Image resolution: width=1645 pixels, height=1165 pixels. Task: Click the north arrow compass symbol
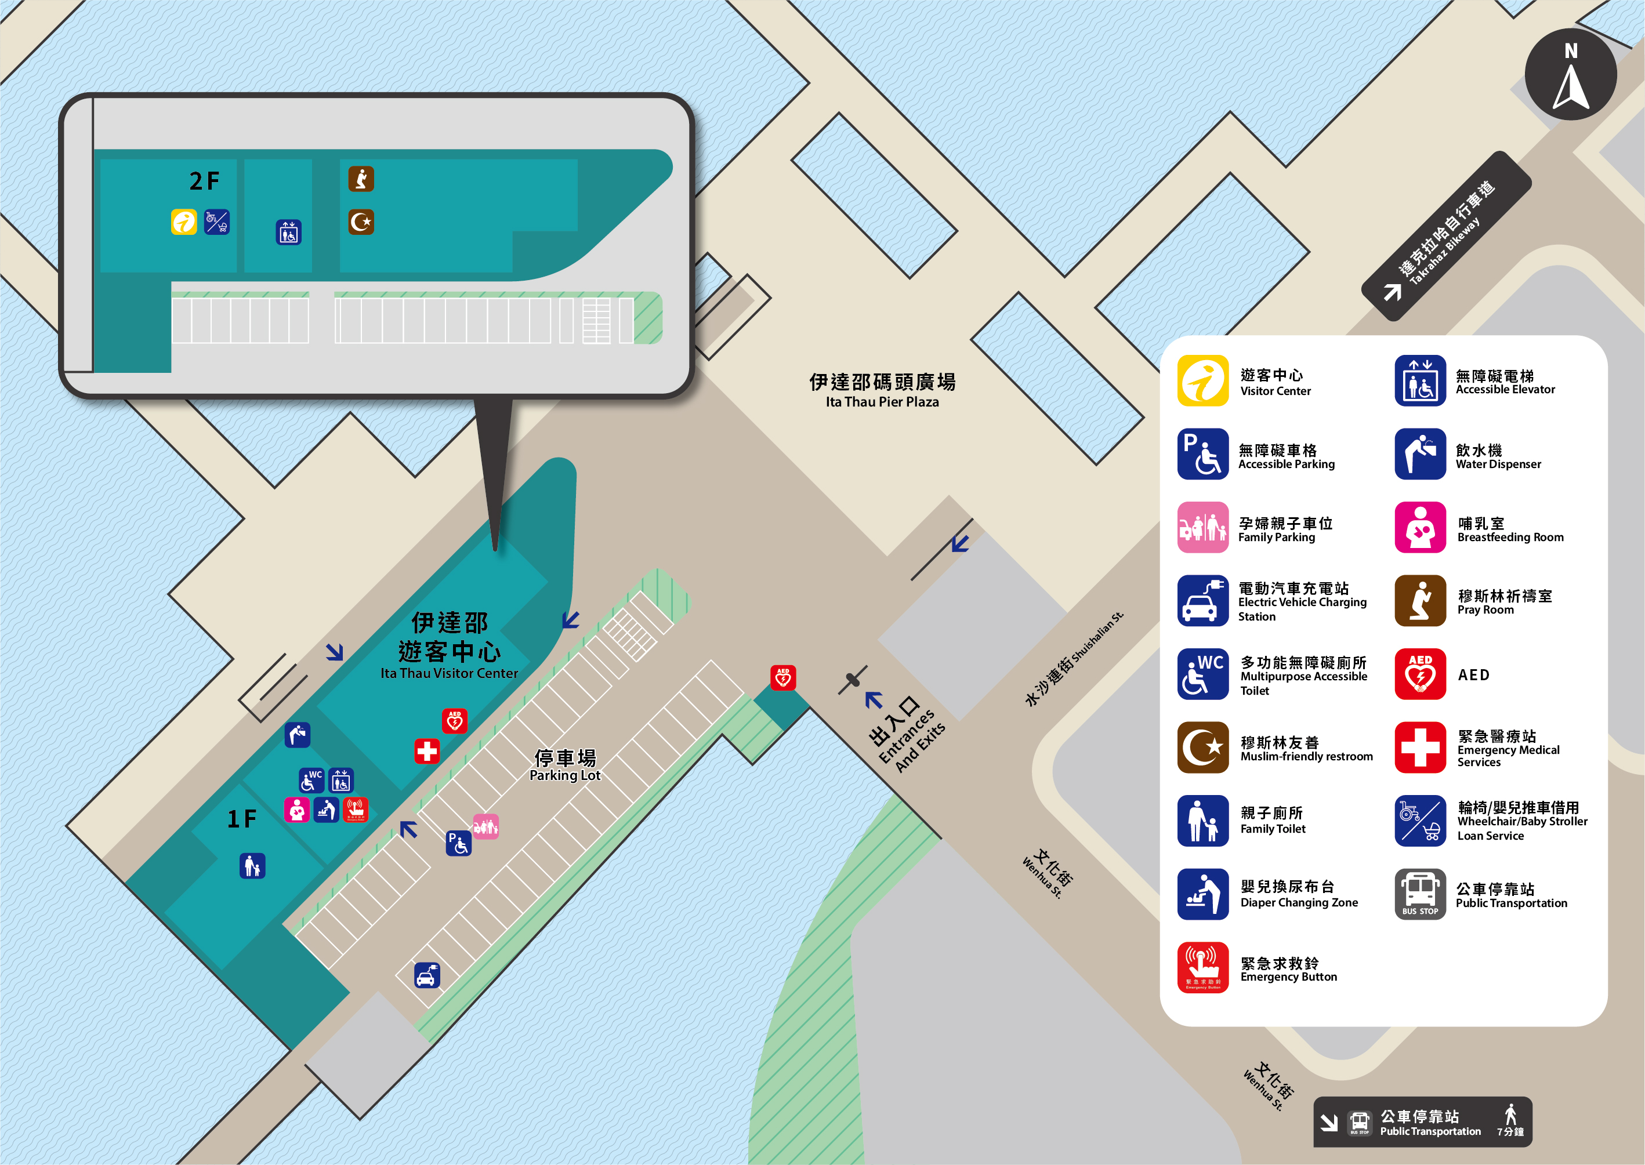tap(1570, 75)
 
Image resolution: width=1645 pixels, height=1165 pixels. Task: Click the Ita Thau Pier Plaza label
tap(882, 390)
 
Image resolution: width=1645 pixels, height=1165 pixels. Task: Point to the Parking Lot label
tap(564, 765)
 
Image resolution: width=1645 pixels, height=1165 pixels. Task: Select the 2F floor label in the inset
tap(204, 182)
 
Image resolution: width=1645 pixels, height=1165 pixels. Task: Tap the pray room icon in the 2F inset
tap(361, 179)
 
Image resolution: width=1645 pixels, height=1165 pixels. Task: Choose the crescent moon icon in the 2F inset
tap(361, 222)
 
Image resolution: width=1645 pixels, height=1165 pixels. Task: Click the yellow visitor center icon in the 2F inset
tap(184, 222)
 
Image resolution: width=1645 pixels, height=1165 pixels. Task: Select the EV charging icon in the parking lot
tap(427, 975)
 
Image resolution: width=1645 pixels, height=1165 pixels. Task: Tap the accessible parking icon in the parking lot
tap(458, 843)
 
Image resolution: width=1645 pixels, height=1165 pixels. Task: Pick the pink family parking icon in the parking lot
tap(485, 826)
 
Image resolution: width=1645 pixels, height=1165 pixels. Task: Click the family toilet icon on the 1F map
tap(252, 866)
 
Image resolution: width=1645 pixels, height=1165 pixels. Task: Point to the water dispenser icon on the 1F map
tap(297, 735)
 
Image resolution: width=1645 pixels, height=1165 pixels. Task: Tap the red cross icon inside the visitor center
tap(427, 751)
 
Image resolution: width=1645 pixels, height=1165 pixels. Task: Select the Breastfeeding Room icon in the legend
tap(1420, 527)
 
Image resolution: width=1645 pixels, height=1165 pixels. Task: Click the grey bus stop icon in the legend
tap(1420, 894)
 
